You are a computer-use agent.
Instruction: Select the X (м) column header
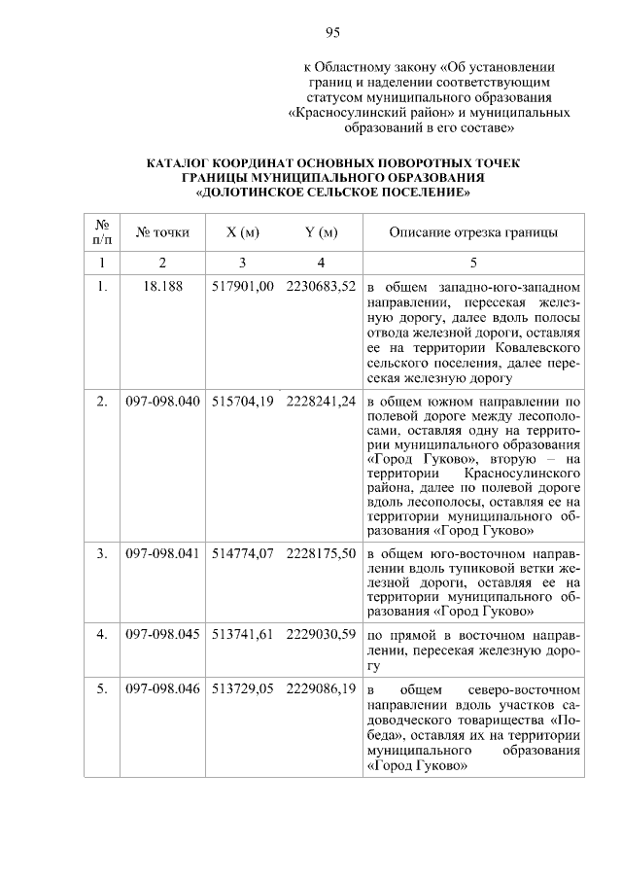tap(242, 232)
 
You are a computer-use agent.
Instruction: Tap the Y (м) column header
tap(321, 232)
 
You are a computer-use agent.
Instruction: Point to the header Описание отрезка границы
tap(473, 232)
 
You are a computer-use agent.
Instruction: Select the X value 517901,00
tap(242, 288)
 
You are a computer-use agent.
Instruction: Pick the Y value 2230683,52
tap(321, 288)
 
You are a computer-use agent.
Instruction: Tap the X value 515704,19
tap(242, 401)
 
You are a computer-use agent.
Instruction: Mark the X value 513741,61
tap(242, 633)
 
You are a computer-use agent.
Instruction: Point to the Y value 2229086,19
tap(321, 687)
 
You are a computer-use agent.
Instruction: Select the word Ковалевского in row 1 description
tap(539, 347)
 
